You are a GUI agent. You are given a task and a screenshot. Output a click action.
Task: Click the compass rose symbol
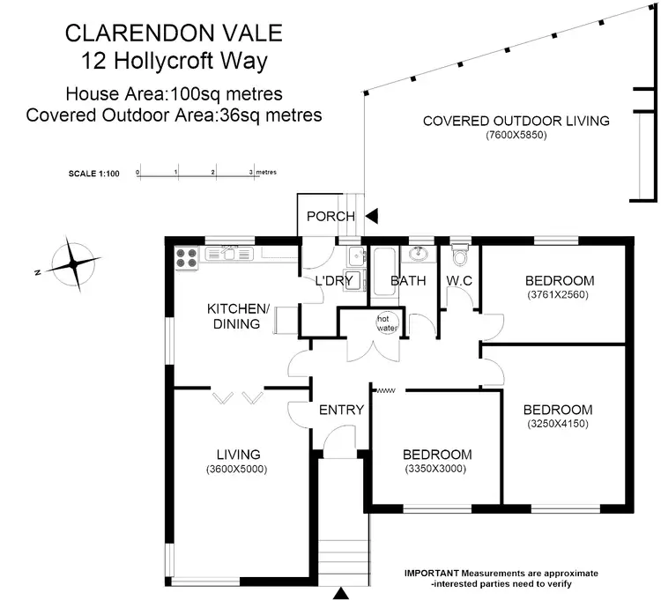[x=72, y=262]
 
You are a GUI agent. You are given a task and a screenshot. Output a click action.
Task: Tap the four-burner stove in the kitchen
[x=187, y=256]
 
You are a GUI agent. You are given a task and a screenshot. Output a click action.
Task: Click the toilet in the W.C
[x=458, y=256]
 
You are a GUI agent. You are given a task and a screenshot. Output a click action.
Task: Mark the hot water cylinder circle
[x=386, y=322]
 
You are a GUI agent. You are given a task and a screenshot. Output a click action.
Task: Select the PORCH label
[x=330, y=216]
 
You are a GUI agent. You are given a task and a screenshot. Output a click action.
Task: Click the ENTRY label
[x=341, y=410]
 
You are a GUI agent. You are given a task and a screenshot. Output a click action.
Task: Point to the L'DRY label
[x=334, y=281]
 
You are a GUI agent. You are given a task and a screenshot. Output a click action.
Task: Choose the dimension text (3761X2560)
[x=557, y=294]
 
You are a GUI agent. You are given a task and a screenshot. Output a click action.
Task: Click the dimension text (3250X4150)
[x=557, y=424]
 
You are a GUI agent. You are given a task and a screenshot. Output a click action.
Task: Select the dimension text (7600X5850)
[x=516, y=136]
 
